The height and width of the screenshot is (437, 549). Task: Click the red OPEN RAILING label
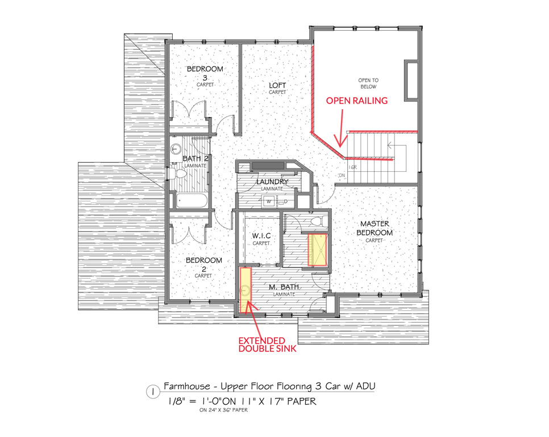[357, 101]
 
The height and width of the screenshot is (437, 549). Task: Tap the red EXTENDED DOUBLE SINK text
[267, 344]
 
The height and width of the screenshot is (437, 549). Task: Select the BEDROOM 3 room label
[205, 73]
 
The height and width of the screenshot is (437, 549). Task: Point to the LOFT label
[277, 85]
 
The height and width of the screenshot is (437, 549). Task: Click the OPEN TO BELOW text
[368, 84]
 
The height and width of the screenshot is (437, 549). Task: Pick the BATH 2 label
[196, 158]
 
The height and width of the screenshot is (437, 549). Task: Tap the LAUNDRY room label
[272, 182]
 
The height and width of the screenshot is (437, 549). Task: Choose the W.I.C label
[261, 236]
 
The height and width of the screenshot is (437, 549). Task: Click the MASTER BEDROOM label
[375, 228]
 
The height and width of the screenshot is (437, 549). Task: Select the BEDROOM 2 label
[204, 265]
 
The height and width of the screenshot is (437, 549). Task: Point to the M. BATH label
[284, 287]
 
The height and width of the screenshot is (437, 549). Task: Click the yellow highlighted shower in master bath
[318, 250]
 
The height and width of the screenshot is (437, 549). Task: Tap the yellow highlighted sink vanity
[245, 290]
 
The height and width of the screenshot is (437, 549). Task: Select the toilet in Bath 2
[178, 174]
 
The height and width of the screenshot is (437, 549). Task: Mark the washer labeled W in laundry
[269, 201]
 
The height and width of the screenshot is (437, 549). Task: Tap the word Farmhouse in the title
[186, 386]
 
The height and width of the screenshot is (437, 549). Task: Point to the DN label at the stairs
[342, 175]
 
